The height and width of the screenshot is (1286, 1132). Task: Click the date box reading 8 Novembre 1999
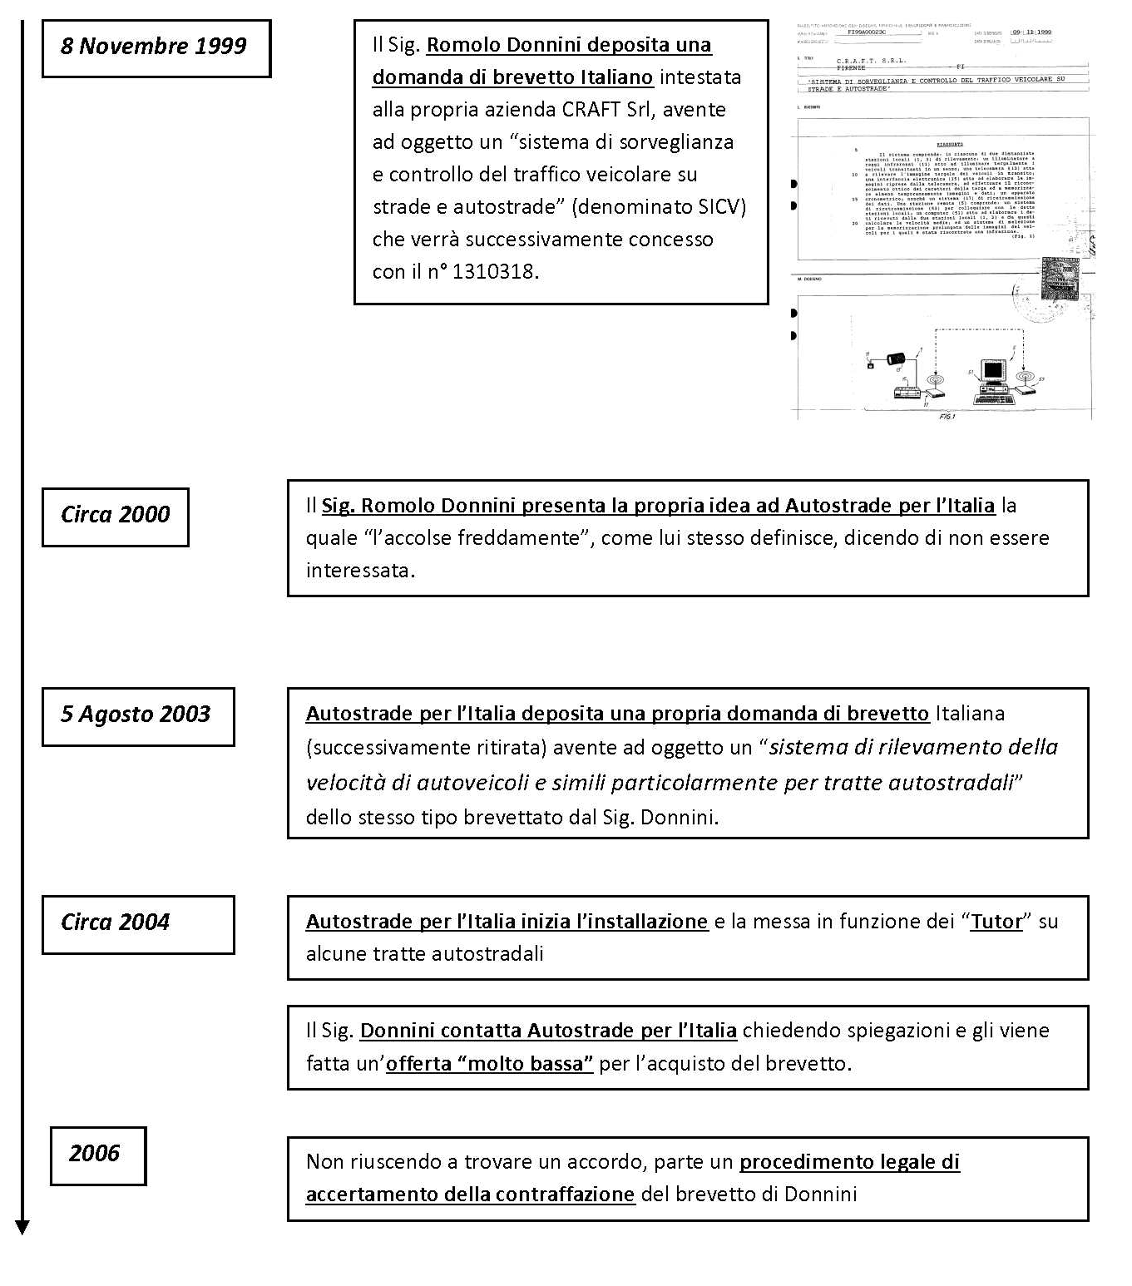pos(156,49)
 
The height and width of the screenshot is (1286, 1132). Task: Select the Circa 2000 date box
pos(115,517)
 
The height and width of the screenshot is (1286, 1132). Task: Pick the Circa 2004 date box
pos(138,925)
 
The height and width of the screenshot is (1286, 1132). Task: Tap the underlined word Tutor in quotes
pos(996,922)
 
